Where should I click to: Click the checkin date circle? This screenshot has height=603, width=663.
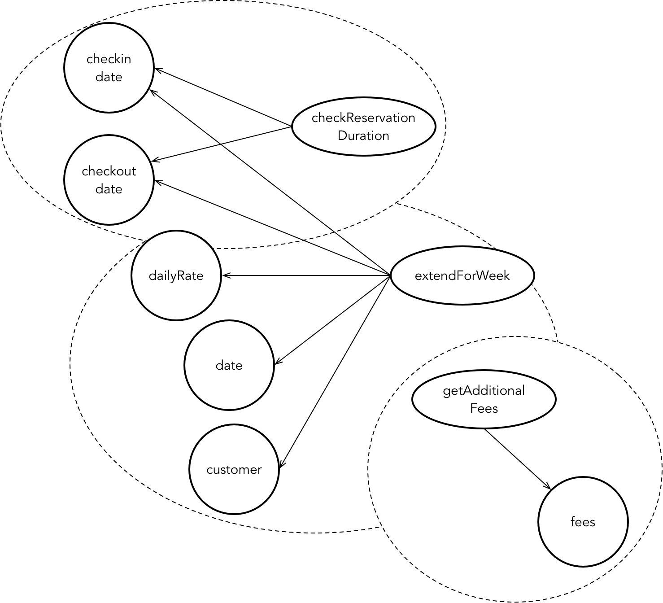pyautogui.click(x=109, y=68)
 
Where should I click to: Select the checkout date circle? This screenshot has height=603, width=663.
pyautogui.click(x=109, y=180)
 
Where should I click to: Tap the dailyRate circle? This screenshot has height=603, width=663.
pyautogui.click(x=176, y=275)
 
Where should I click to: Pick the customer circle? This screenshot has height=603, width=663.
pyautogui.click(x=234, y=469)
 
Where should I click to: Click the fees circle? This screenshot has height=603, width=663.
pyautogui.click(x=583, y=522)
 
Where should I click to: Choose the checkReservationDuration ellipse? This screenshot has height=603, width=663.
pyautogui.click(x=363, y=127)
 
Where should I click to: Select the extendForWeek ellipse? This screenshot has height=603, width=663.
pyautogui.click(x=462, y=275)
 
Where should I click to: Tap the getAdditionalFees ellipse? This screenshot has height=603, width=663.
pyautogui.click(x=484, y=399)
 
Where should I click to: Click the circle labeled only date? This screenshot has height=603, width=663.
pyautogui.click(x=229, y=365)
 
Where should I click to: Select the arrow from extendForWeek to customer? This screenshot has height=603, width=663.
pyautogui.click(x=334, y=372)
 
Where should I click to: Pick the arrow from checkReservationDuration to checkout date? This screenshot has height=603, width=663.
pyautogui.click(x=222, y=144)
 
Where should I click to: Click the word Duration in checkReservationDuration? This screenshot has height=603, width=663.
pyautogui.click(x=363, y=135)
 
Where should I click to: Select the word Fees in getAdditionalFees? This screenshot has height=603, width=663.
pyautogui.click(x=484, y=408)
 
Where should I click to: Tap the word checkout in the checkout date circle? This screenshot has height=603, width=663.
pyautogui.click(x=109, y=171)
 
